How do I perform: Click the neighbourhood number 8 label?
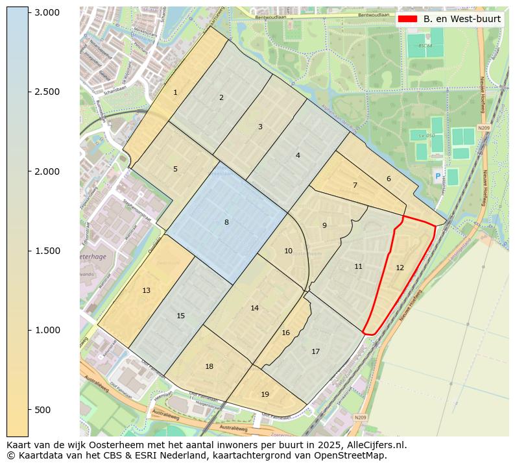coord(226,223)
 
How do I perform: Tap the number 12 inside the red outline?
coord(400,268)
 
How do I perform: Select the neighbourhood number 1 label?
coord(175,93)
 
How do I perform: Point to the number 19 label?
coord(265,394)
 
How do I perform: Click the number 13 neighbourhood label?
coord(146,290)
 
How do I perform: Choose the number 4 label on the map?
coord(298,155)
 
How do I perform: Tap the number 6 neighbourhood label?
coord(389,179)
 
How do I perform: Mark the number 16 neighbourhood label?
coord(285,333)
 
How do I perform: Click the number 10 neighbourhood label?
coord(288,251)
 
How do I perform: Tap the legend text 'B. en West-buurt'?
coord(462,19)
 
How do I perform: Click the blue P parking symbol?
coord(437,176)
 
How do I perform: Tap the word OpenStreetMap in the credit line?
coord(351,455)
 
